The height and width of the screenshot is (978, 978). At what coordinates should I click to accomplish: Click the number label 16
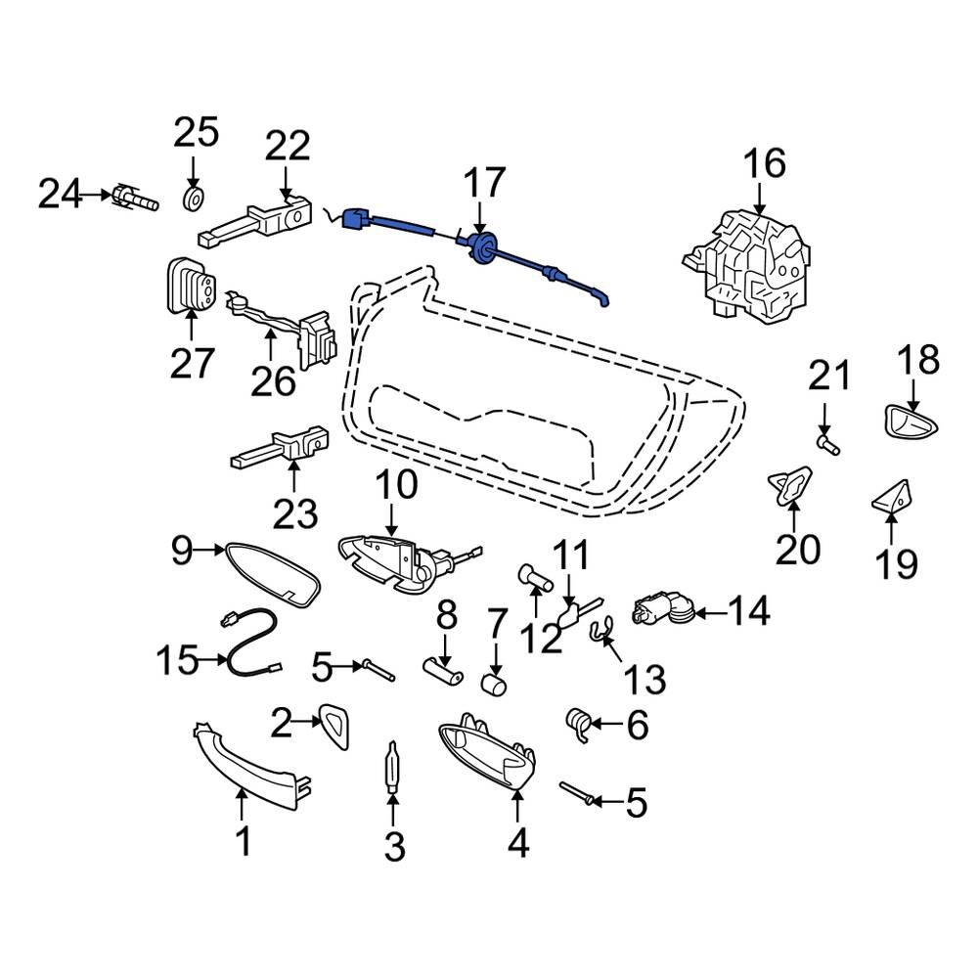[x=765, y=164]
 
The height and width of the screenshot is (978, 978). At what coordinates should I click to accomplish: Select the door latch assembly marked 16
[x=747, y=263]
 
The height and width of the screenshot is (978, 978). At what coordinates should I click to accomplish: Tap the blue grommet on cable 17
[x=482, y=247]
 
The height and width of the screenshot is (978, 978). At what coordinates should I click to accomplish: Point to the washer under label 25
[x=194, y=200]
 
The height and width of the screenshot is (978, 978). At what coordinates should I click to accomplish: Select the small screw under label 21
[x=827, y=445]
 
